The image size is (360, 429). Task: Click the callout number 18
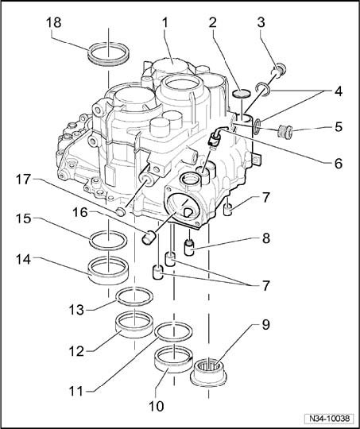click(x=54, y=22)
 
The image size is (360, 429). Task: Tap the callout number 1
click(x=165, y=23)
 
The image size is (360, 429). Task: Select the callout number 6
click(x=339, y=164)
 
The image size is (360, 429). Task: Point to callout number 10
click(x=157, y=406)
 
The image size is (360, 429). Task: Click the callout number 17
click(x=23, y=180)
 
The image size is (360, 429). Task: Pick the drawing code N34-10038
click(x=330, y=419)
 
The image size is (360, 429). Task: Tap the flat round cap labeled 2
click(x=241, y=93)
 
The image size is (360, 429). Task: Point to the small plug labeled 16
click(x=149, y=237)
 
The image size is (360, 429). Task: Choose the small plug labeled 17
click(x=121, y=211)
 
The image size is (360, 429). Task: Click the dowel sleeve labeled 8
click(x=189, y=247)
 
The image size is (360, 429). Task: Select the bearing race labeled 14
click(x=108, y=270)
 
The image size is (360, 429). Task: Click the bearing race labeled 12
click(x=134, y=324)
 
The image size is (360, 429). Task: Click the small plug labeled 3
click(x=280, y=71)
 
